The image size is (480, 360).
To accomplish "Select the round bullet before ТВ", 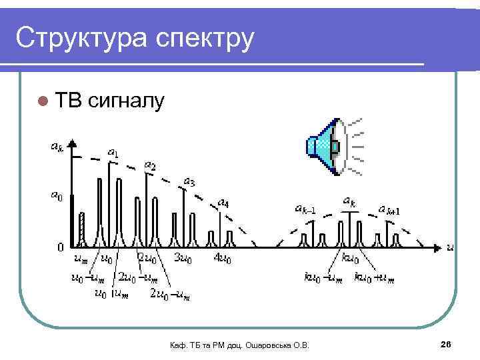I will pos(43,101).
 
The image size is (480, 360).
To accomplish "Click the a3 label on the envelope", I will pos(189,181).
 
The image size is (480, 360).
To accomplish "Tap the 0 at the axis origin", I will pos(60,247).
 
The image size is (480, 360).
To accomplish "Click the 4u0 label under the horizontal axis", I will pos(223,258).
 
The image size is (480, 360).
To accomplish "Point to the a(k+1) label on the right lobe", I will pos(389,210).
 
